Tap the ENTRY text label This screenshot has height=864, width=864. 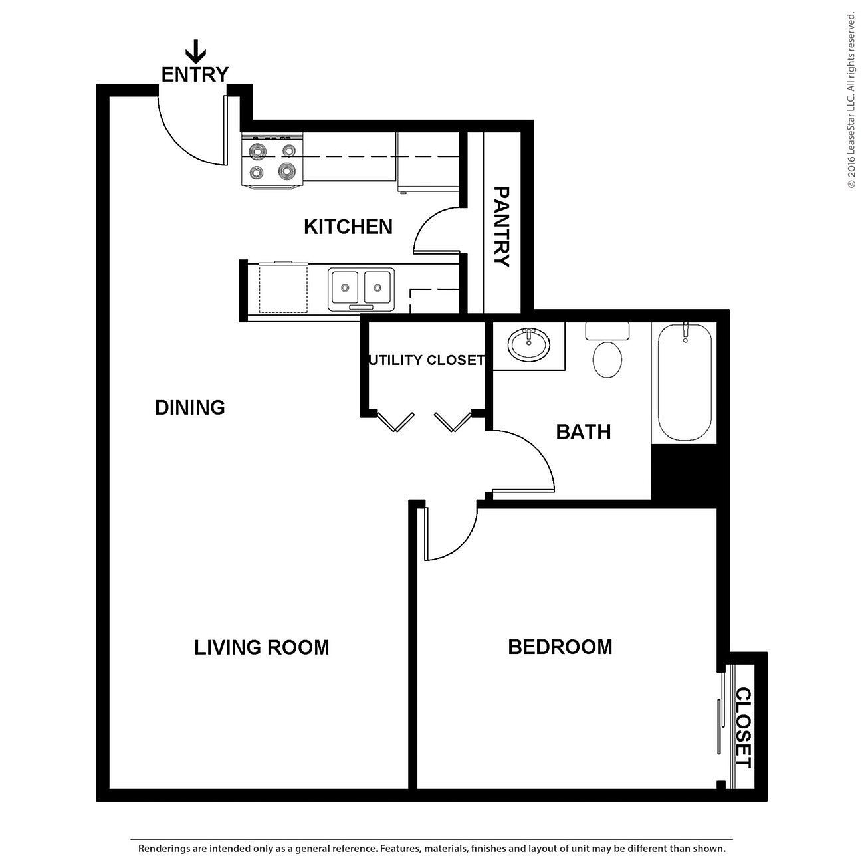[195, 74]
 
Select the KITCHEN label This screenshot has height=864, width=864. [348, 227]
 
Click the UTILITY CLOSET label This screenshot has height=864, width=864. [426, 360]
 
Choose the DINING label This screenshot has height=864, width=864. [190, 407]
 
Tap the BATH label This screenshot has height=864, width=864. [583, 432]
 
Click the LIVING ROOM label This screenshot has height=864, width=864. [261, 647]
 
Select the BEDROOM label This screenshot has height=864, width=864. [560, 647]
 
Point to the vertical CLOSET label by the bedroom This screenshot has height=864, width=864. [743, 727]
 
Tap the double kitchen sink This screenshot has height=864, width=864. [361, 289]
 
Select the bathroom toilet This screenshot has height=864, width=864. [607, 350]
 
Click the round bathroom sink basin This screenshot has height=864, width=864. [528, 344]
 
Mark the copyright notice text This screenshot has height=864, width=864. [851, 100]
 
